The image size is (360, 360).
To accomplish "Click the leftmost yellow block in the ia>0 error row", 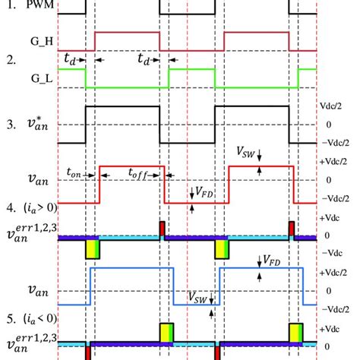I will pyautogui.click(x=93, y=249).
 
